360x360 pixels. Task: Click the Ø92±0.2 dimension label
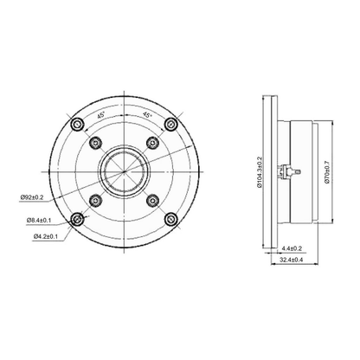[32, 197]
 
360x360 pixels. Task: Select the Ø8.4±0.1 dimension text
[39, 220]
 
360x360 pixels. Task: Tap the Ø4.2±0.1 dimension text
[46, 236]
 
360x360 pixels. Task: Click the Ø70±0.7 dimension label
[327, 172]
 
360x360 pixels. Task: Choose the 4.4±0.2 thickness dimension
[292, 248]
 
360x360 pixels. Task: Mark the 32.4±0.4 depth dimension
[291, 260]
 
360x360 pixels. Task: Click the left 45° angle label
[100, 116]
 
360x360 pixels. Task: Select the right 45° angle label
[147, 115]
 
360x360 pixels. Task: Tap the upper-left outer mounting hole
[77, 125]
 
